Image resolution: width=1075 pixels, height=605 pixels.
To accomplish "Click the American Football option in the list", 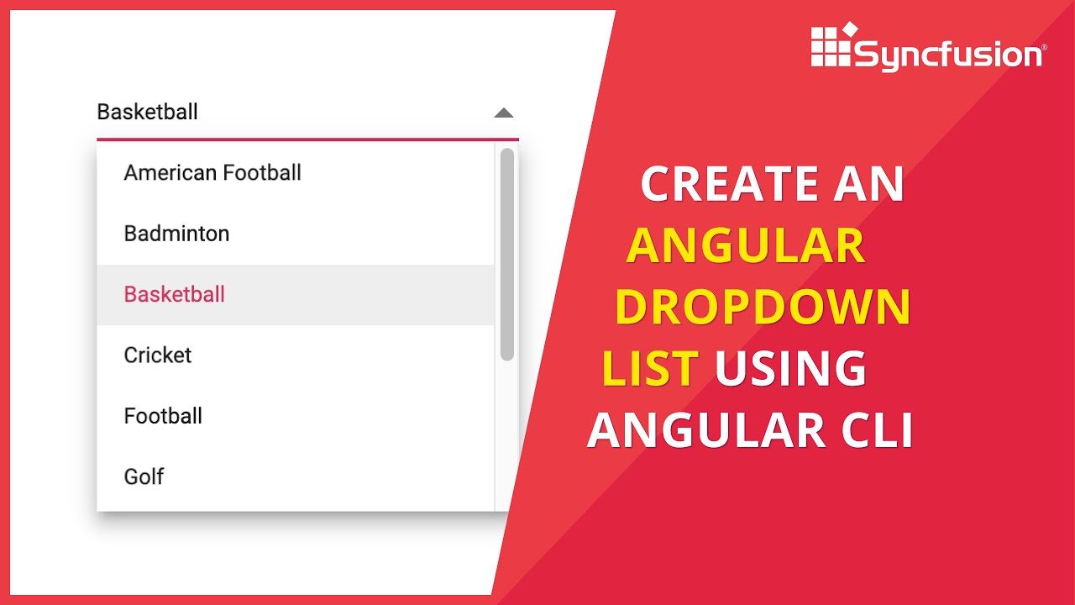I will pos(212,173).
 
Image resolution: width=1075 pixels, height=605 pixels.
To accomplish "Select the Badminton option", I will pos(176,234).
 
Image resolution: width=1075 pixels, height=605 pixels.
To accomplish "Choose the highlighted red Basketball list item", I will pos(175,294).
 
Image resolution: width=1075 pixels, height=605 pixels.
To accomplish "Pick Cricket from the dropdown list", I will pos(158,355).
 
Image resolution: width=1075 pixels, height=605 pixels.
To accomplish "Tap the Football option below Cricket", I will pos(163,416).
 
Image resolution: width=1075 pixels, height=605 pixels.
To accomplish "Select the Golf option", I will pos(144,476).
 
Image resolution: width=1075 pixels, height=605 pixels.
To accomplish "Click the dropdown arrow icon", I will pos(503,113).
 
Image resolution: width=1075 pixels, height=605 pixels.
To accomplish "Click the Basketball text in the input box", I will pos(148,112).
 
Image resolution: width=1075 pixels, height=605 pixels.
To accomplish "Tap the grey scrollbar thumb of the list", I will pos(506,254).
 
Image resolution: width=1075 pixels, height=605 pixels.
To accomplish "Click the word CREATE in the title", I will pos(729,184).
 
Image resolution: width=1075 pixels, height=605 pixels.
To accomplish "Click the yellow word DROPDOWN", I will pos(763,308).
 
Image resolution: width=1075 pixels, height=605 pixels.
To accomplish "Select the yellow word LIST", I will pos(651,368).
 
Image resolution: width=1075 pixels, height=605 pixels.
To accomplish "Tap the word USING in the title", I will pos(790,368).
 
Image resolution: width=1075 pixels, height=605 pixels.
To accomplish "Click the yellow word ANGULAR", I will pos(746,246).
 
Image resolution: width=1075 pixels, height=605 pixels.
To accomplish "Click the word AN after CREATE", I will pos(868,184).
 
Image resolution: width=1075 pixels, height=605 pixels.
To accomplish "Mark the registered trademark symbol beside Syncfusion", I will pos(1044,49).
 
